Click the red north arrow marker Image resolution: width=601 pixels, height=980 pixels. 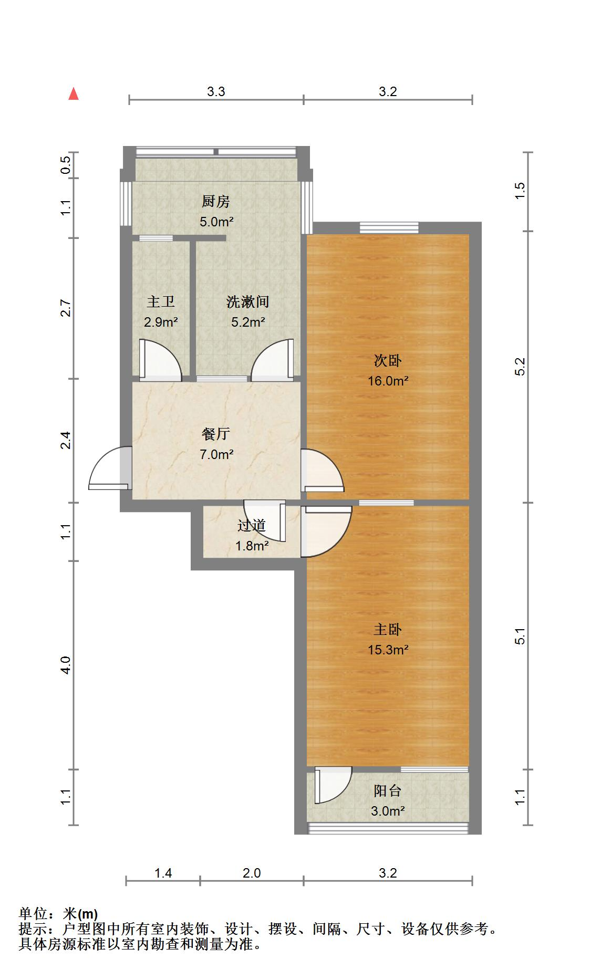point(74,94)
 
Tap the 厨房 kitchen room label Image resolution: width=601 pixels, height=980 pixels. point(216,202)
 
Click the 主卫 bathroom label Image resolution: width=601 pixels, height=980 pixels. point(161,302)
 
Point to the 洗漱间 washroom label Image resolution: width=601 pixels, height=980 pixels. point(248,302)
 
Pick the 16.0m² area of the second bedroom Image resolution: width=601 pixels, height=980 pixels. point(388,381)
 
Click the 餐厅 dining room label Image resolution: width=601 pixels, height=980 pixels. point(216,434)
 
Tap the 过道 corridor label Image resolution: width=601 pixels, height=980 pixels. point(252,526)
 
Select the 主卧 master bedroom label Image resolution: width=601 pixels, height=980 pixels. point(388,630)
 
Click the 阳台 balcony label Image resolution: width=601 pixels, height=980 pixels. point(388,791)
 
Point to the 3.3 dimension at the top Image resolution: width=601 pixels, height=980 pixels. point(216,92)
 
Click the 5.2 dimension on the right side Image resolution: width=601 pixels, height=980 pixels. point(520,367)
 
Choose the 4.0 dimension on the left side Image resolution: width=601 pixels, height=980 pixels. point(65,665)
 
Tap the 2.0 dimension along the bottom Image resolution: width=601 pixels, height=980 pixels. point(252,873)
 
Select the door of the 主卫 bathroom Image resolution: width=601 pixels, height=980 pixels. point(160,360)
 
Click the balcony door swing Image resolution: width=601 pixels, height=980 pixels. point(333,785)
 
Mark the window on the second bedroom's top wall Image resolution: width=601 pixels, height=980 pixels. point(389,228)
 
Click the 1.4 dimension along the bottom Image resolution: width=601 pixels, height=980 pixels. point(163,873)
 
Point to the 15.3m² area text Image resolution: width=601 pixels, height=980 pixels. point(388,650)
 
